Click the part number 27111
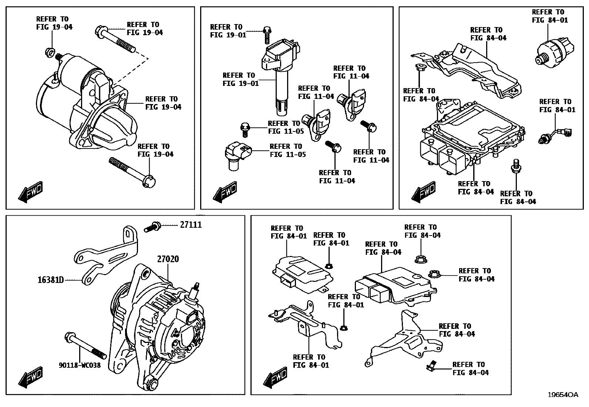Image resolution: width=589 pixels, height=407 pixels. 191,225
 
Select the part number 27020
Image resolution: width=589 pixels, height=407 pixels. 168,259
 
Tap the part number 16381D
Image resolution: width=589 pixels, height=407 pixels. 51,280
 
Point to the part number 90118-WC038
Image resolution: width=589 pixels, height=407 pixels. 80,365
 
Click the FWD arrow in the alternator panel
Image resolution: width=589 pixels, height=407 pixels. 30,377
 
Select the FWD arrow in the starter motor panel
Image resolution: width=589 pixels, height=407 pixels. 30,192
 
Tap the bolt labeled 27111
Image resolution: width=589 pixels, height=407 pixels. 152,227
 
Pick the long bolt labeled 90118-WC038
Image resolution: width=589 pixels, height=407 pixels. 85,346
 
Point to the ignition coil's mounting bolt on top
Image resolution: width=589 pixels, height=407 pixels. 267,35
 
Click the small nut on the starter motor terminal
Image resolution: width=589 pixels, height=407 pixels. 50,52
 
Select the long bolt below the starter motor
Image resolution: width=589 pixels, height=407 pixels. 132,172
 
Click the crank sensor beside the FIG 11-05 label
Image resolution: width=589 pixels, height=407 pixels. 238,156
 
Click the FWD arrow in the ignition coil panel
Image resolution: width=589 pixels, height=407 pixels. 225,192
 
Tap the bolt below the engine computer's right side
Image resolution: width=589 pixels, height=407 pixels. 516,166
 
